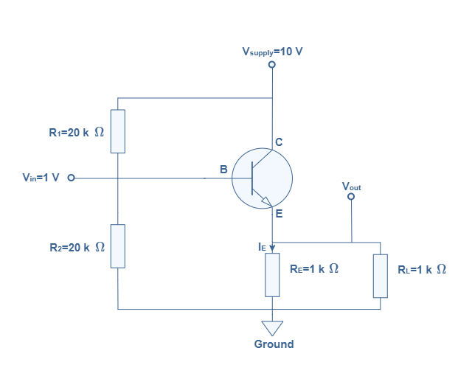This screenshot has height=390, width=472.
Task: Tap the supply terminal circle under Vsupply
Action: click(x=272, y=66)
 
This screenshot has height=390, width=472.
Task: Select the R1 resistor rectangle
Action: click(x=118, y=131)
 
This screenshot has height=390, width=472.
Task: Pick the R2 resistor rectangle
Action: click(x=118, y=246)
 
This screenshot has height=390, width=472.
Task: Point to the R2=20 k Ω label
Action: click(x=76, y=248)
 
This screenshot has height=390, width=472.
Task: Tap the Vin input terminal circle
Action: click(x=71, y=178)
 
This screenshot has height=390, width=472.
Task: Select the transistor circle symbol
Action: click(x=262, y=178)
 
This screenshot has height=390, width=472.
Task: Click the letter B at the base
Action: click(x=223, y=170)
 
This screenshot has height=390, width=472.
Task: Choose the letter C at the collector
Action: click(x=279, y=142)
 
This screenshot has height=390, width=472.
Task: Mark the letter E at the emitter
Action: click(x=279, y=214)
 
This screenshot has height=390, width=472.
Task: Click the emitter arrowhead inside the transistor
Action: click(x=267, y=201)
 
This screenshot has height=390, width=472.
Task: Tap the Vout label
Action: click(x=351, y=187)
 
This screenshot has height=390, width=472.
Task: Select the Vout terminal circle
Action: click(x=351, y=197)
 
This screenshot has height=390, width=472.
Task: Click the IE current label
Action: click(x=262, y=248)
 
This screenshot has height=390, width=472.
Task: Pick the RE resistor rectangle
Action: click(x=273, y=275)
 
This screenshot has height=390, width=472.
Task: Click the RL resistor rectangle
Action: click(x=381, y=275)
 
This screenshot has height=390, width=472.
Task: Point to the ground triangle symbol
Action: click(x=273, y=327)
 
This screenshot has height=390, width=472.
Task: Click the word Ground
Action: click(x=274, y=344)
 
